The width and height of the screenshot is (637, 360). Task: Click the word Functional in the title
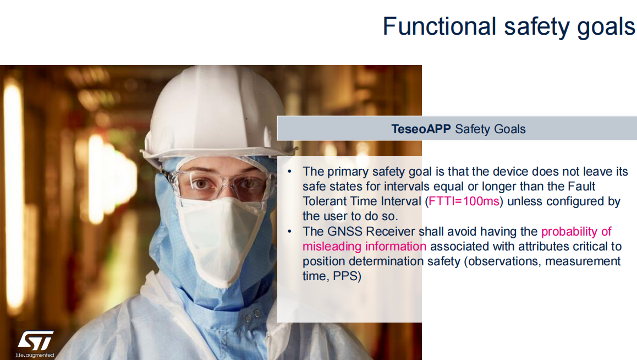pos(439,26)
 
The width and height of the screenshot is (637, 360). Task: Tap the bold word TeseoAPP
pos(421,129)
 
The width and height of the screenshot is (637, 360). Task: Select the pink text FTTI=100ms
pos(464,201)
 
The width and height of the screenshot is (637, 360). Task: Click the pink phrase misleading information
pos(364,247)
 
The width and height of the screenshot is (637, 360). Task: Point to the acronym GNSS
pos(345,232)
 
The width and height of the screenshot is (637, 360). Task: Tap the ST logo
pos(36,341)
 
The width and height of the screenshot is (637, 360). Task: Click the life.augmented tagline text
pos(35,355)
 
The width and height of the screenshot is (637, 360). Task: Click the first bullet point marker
pos(290,172)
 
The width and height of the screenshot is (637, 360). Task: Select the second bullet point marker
pos(290,232)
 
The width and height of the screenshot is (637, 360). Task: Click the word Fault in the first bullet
pos(581,187)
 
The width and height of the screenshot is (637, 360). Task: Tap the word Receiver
pos(391,232)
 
